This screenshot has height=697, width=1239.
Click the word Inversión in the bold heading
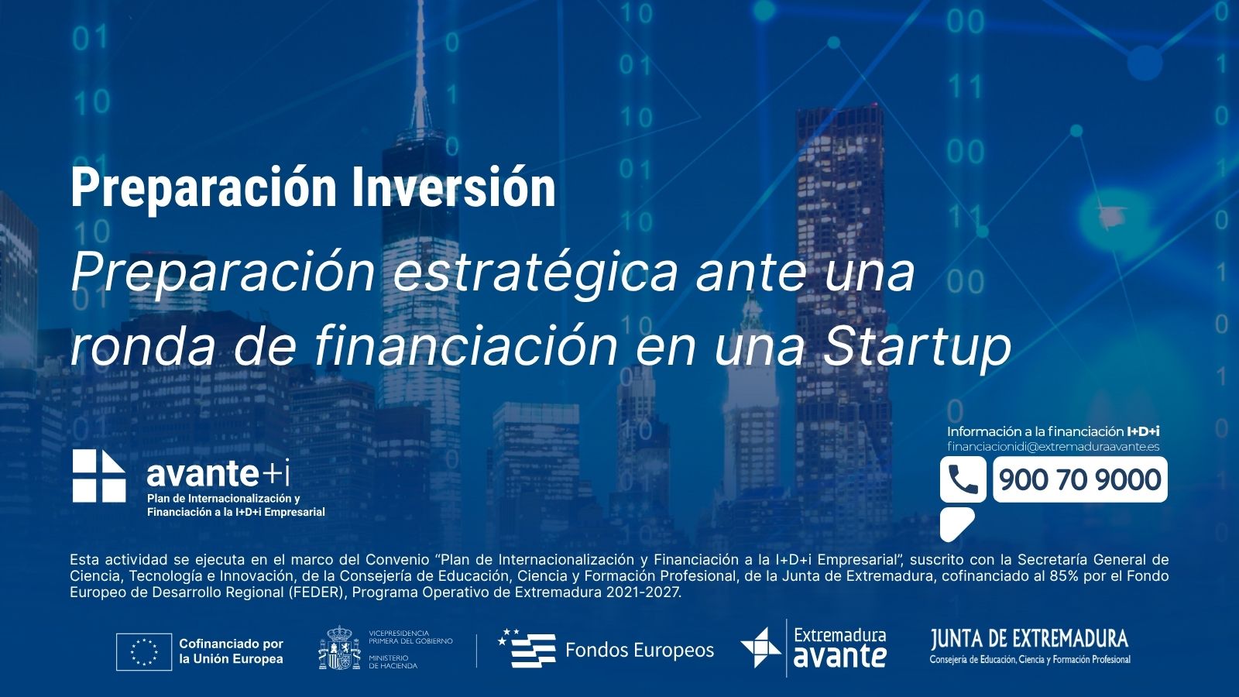453,187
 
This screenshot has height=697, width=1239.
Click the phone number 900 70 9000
1079,479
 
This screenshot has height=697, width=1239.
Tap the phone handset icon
963,479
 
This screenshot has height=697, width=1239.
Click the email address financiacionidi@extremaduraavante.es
1053,447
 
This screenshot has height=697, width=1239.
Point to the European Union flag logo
144,651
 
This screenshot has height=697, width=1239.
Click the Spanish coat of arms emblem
340,647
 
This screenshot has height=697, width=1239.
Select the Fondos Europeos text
640,650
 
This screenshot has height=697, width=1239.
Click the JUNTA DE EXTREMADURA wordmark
1029,639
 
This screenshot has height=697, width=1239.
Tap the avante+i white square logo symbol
99,476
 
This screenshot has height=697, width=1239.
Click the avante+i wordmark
218,473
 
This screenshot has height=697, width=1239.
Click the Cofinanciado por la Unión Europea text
232,651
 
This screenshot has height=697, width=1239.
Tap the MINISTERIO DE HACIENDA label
393,661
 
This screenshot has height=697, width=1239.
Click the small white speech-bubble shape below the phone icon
956,524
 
